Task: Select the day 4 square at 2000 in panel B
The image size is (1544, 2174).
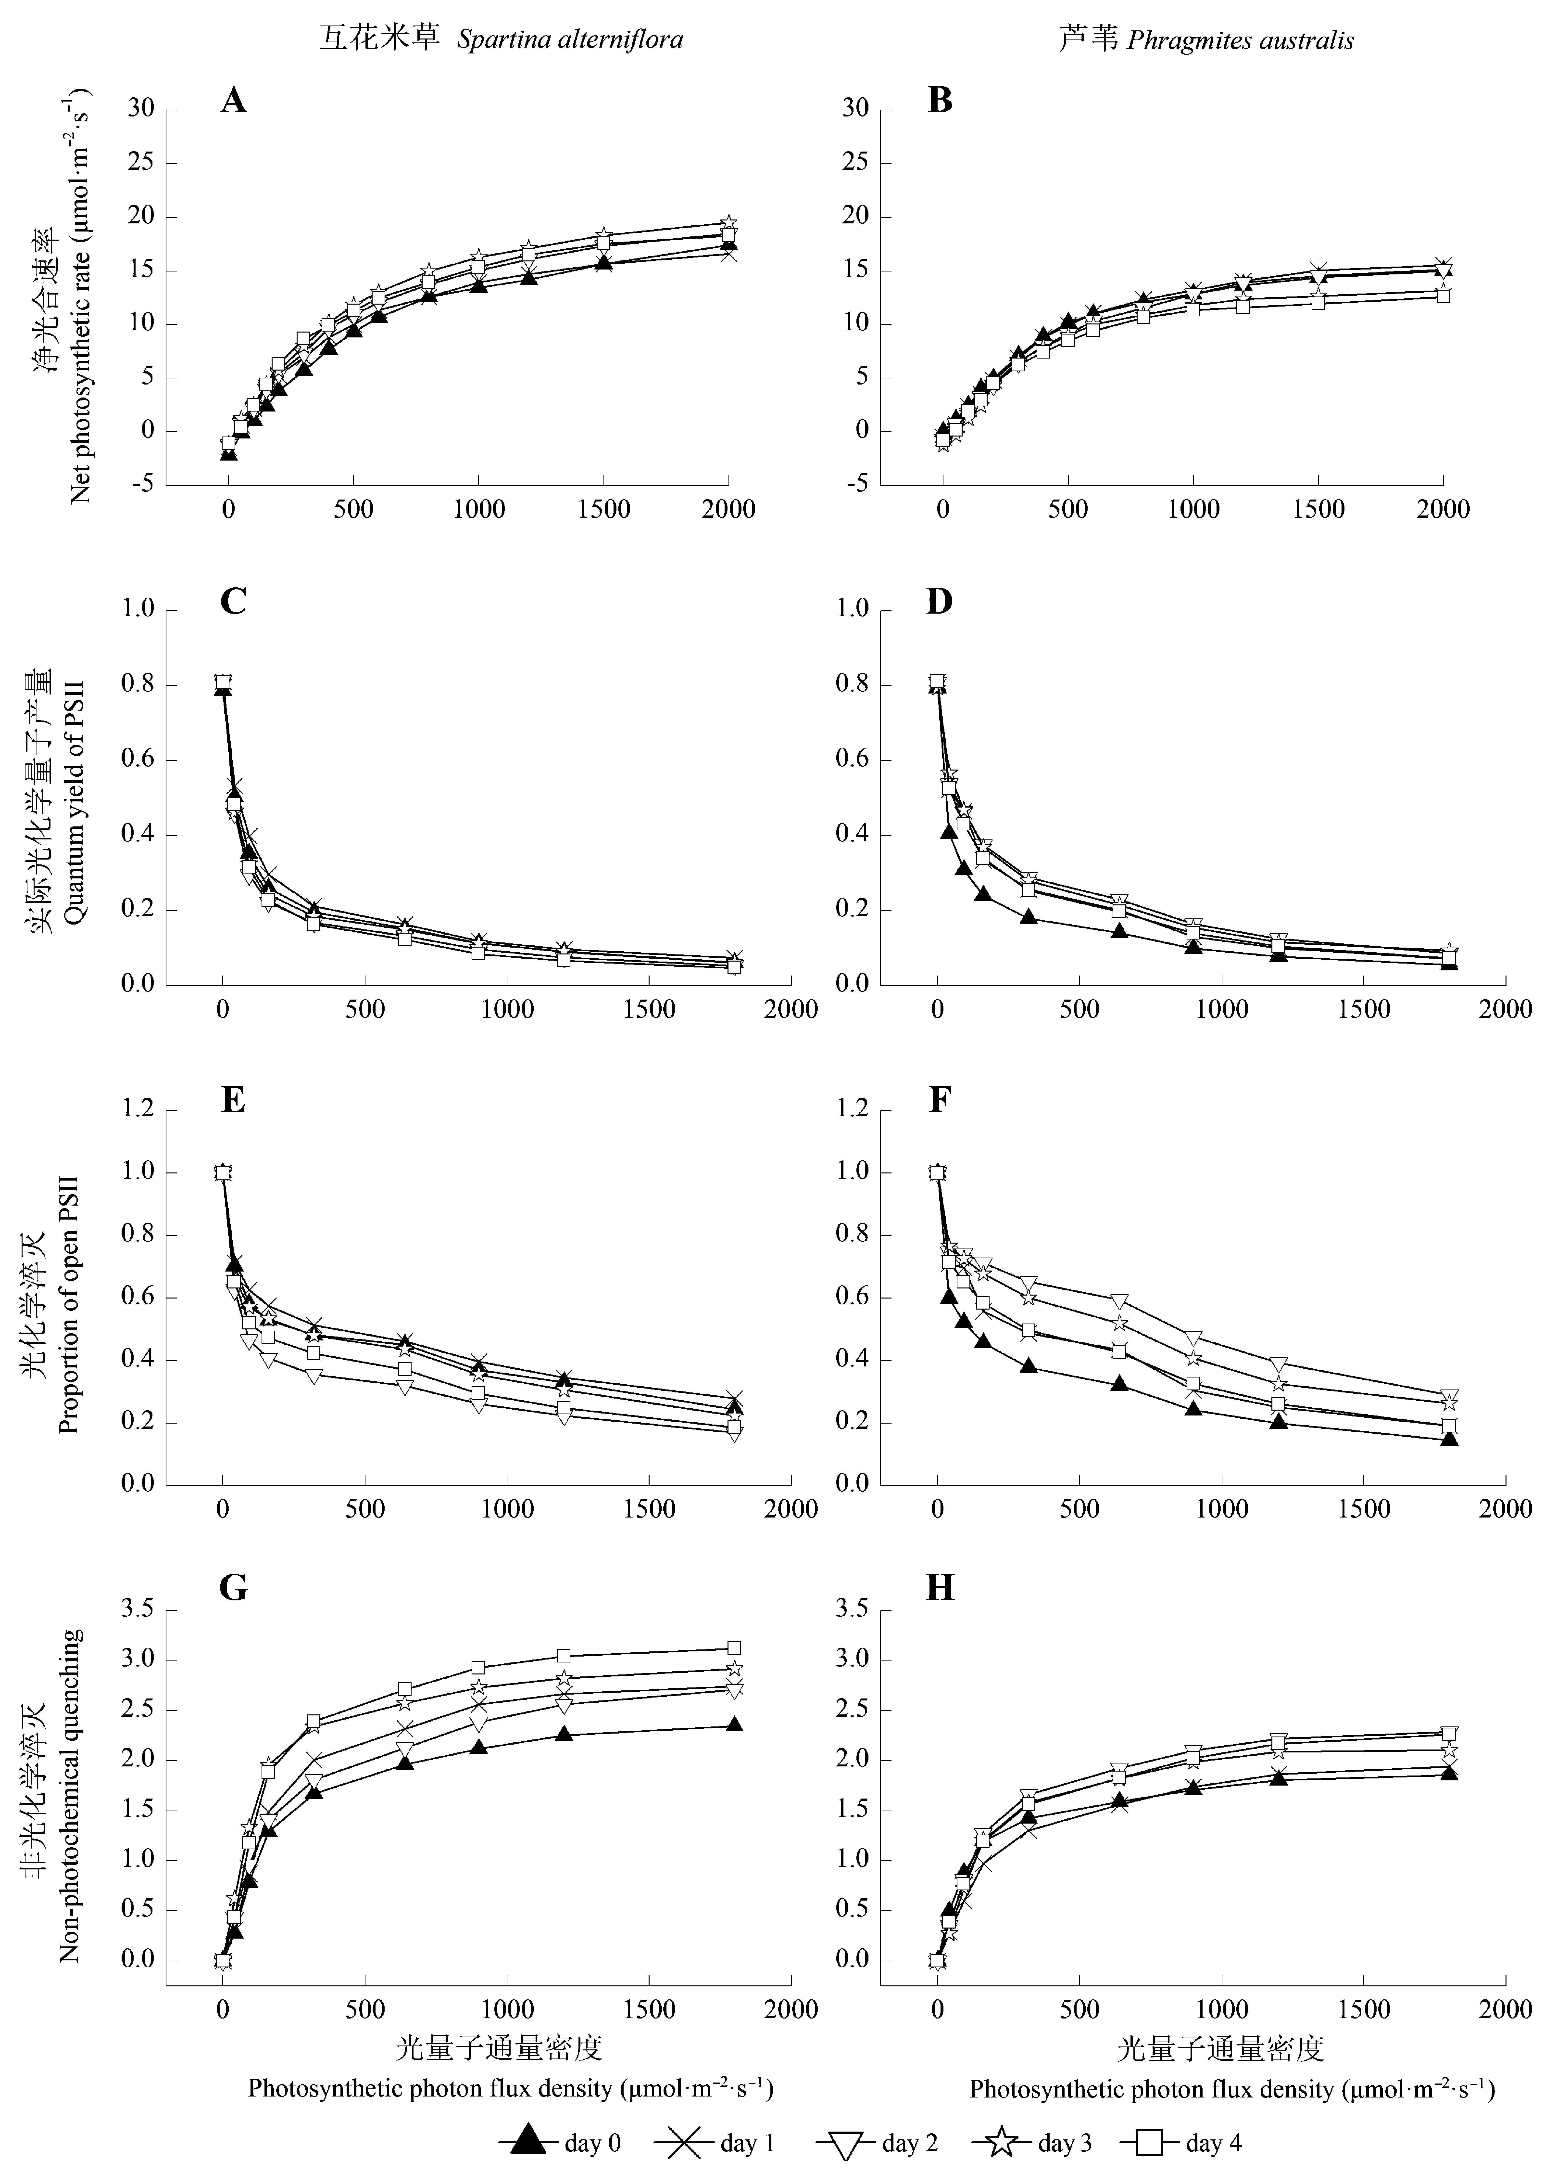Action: pyautogui.click(x=1443, y=296)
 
